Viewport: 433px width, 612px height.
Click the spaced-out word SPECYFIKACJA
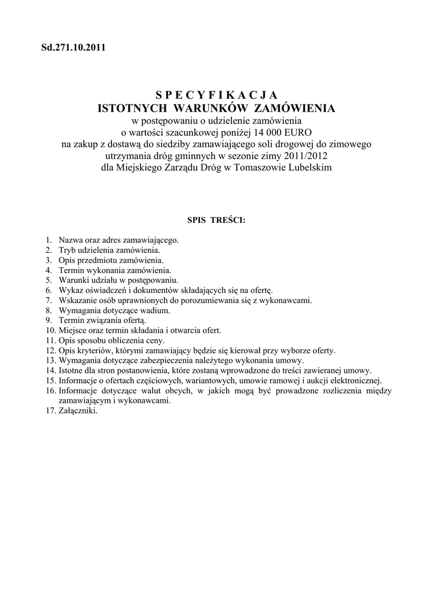(216, 95)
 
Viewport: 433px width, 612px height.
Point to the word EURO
(298, 132)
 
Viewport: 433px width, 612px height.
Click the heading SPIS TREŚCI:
(216, 219)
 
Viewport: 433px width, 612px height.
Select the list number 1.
(48, 240)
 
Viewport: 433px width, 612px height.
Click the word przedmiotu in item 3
(98, 260)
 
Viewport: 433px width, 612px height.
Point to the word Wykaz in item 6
(69, 290)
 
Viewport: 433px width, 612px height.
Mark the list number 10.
(50, 330)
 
